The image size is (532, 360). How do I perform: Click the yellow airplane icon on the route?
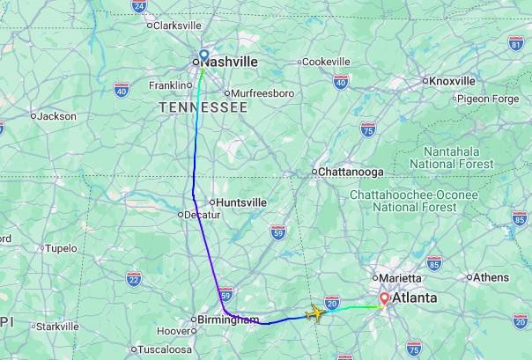click(316, 312)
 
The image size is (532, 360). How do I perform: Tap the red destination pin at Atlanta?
click(383, 298)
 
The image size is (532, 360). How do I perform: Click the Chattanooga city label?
click(350, 172)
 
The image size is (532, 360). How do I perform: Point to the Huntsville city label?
click(240, 202)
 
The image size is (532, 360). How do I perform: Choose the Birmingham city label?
click(226, 320)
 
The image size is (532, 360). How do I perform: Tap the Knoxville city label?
click(453, 81)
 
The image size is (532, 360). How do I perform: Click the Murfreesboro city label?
click(262, 92)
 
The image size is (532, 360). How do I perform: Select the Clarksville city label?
click(177, 26)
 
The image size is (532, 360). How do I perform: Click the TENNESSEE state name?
click(203, 107)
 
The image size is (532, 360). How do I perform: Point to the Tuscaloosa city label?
click(167, 349)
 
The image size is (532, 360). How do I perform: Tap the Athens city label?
click(491, 277)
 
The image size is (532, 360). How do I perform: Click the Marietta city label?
click(400, 278)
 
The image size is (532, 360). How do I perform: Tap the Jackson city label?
click(56, 115)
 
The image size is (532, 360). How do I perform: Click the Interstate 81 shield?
click(516, 43)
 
